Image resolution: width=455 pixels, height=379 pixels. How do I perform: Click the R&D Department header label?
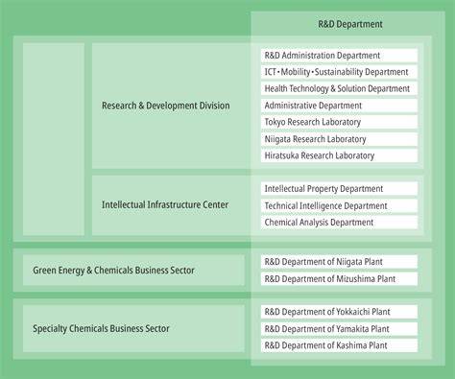tap(350, 24)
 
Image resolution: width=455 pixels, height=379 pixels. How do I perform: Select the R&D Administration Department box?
tap(339, 56)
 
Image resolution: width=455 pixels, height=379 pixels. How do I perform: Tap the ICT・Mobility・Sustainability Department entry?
tap(339, 72)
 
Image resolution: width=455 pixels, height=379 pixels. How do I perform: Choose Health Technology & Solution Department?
tap(339, 88)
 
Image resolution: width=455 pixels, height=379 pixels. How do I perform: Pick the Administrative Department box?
tap(339, 106)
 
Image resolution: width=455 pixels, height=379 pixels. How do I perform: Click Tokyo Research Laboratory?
tap(339, 122)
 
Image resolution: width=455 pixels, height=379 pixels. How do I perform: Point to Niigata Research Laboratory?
tap(339, 139)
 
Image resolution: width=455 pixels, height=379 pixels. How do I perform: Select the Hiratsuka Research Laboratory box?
tap(339, 155)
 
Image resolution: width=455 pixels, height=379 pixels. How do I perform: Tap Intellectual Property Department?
tap(339, 189)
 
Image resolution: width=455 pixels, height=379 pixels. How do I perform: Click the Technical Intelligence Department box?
tap(339, 205)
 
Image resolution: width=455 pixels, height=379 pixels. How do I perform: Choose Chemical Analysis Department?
tap(339, 223)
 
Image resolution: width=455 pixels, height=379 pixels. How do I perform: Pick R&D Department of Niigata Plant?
tap(339, 262)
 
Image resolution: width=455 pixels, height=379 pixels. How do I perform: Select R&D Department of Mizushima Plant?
tap(339, 279)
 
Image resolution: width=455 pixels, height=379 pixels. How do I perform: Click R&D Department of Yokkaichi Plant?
tap(339, 312)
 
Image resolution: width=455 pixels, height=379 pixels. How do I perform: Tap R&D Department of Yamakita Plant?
tap(339, 329)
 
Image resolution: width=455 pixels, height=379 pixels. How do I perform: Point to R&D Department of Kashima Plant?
tap(339, 345)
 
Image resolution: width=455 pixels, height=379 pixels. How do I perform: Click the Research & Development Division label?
tap(166, 106)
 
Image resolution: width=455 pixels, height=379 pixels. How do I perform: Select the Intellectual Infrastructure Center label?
tap(165, 204)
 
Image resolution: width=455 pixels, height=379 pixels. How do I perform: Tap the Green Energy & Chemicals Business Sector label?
tap(113, 271)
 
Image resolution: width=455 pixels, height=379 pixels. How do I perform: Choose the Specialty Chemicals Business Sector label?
tap(101, 328)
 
